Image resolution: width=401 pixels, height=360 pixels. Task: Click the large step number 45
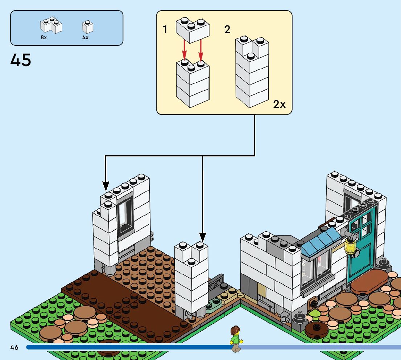coord(21,60)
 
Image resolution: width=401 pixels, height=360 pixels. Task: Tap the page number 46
coord(14,347)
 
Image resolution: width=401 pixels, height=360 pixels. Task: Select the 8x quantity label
coord(44,37)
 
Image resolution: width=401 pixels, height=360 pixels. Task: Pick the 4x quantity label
coord(85,37)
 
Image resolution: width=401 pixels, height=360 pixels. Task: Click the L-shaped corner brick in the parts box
coord(51,25)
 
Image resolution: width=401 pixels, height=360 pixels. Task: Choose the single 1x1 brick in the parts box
coord(87,27)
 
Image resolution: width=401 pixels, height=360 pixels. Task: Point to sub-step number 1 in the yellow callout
coord(165,29)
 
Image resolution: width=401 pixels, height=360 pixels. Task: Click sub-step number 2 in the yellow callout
coord(227,29)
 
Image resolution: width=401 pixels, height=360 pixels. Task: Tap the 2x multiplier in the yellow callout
coord(279,105)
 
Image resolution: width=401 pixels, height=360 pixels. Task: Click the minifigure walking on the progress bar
coord(236,339)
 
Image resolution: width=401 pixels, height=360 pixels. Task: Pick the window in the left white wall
coord(125,214)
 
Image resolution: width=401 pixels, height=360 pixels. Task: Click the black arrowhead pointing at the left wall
coord(106,187)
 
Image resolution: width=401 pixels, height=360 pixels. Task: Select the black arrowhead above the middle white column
coord(202,238)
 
